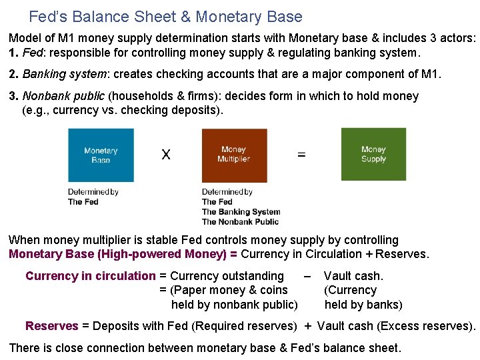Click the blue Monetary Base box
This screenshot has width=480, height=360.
[x=101, y=155]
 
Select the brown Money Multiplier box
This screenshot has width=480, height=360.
[x=234, y=155]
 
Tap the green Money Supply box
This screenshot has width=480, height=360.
[x=373, y=154]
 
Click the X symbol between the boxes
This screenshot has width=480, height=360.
[x=166, y=155]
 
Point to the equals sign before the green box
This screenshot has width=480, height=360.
[x=301, y=155]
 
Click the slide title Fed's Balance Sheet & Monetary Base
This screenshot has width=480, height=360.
[x=165, y=17]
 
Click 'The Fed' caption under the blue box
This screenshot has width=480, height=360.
[x=83, y=201]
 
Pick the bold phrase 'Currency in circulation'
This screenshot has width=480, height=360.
[x=90, y=276]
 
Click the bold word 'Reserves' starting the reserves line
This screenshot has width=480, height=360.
[x=51, y=326]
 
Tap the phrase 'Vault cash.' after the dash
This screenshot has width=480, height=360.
[x=353, y=276]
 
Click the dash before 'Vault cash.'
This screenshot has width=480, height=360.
[x=307, y=276]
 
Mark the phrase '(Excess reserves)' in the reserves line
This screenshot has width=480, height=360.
[x=426, y=326]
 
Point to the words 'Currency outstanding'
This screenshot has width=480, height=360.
[x=227, y=276]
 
